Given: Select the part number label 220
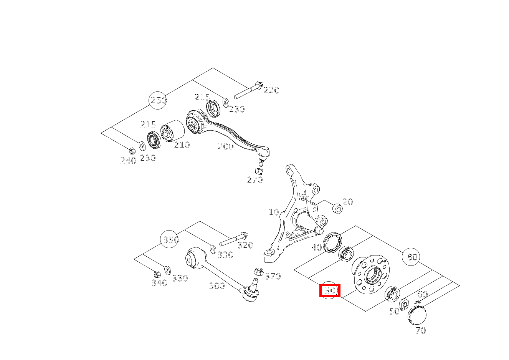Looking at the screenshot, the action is pos(271,90).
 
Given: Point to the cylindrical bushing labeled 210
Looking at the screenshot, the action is pos(172,131).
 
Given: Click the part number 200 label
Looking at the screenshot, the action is pos(226,146).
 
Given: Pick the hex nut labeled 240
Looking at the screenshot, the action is pos(132,151).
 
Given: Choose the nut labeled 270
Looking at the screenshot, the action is pos(259,171).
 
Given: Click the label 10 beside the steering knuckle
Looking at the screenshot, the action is pos(274,212).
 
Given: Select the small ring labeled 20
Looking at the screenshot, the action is pos(337,209).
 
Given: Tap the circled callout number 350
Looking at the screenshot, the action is pos(169,239).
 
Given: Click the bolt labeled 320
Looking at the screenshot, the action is pos(234,239).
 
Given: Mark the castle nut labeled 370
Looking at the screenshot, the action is pos(259,272).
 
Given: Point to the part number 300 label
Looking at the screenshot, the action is pos(217,286).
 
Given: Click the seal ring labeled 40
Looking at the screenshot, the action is pos(332,242).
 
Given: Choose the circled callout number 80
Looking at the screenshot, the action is pos(411,257).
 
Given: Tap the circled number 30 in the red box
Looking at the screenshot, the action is pos(329,290).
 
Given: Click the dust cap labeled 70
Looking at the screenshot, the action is pos(417,315).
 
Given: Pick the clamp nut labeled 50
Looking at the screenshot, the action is pos(404,304).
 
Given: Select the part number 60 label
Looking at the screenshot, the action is pos(423,295).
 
